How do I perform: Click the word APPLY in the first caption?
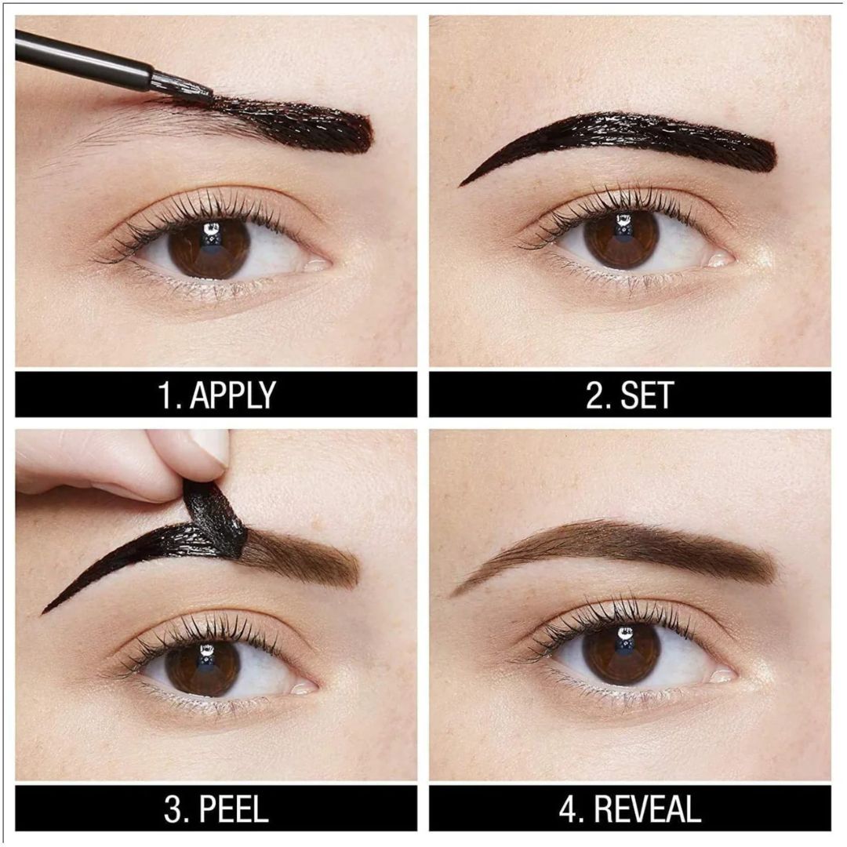click(x=233, y=394)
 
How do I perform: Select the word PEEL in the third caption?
click(x=234, y=809)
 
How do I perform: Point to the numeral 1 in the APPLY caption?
click(x=165, y=394)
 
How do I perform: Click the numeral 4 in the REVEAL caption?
click(x=569, y=809)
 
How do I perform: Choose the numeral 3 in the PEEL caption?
click(x=173, y=809)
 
